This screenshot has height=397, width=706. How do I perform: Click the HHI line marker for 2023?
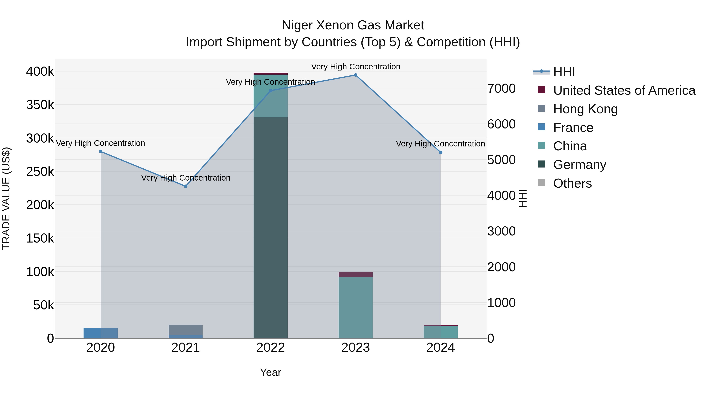point(356,75)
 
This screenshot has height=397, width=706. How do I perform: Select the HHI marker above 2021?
point(186,186)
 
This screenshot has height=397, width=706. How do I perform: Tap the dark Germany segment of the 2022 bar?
point(270,227)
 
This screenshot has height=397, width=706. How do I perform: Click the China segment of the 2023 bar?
point(356,307)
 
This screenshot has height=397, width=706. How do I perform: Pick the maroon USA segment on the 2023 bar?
point(356,274)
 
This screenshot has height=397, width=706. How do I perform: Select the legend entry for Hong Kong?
point(585,109)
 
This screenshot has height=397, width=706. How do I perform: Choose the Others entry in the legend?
point(572,183)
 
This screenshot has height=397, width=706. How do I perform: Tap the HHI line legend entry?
point(564,72)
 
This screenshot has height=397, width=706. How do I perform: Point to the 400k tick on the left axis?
point(40,72)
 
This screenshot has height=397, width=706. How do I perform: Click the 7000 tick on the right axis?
point(501,88)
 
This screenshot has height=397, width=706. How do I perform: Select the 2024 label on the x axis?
point(440,348)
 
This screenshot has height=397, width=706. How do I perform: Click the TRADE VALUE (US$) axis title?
point(6,198)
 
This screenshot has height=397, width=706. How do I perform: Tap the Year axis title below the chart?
point(270,372)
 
